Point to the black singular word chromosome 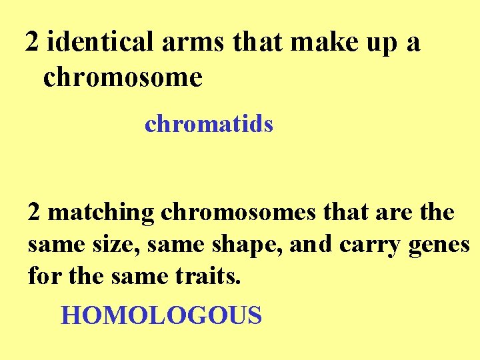(123, 77)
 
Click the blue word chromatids (209, 124)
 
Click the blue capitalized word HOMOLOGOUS (161, 315)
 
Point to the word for (43, 275)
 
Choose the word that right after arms (259, 43)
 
